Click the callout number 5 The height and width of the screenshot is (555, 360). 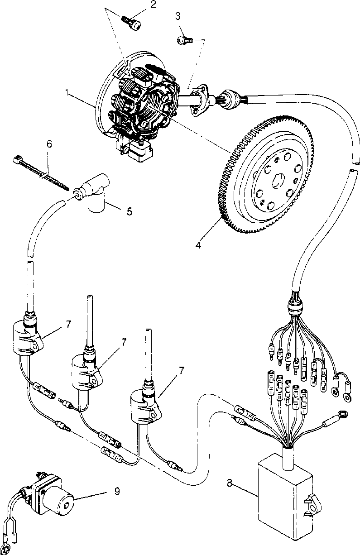coord(130,211)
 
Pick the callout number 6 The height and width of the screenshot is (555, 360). coord(49,144)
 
